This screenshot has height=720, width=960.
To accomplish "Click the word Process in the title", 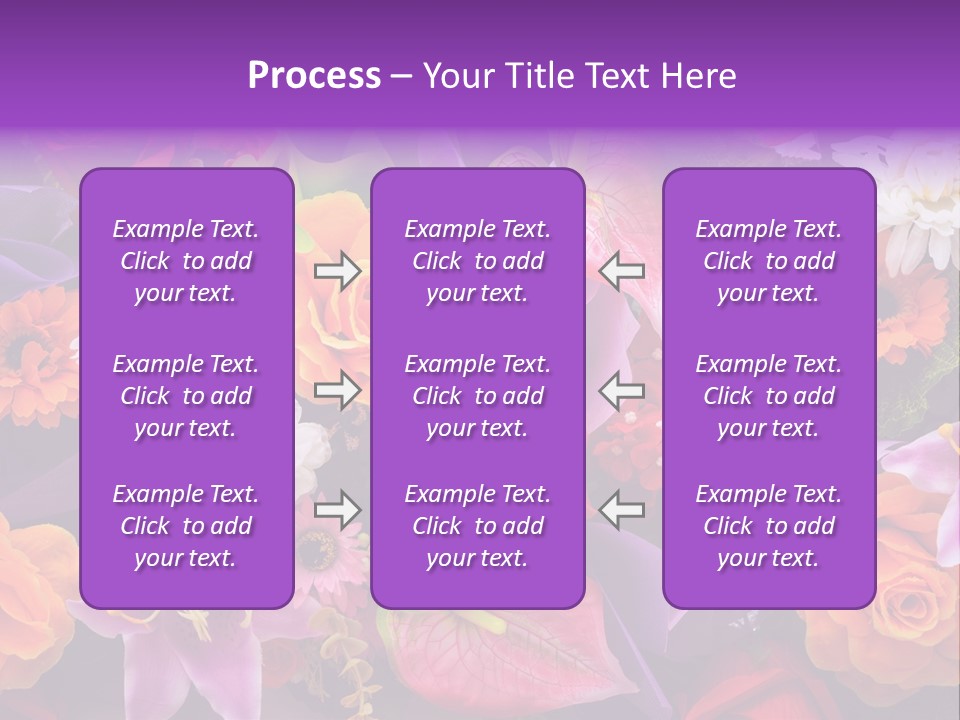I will click(x=314, y=76).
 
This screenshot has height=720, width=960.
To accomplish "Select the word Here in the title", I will click(x=699, y=76).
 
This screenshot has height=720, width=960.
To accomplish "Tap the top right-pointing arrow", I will click(x=337, y=271).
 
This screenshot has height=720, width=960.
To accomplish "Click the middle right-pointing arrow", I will click(x=337, y=389).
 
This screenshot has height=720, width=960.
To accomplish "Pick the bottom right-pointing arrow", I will click(x=337, y=510).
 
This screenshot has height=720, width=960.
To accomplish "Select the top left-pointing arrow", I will click(x=622, y=271).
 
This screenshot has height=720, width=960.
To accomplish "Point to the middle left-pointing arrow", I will click(x=622, y=389).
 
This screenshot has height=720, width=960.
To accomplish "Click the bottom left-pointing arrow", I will click(x=622, y=510).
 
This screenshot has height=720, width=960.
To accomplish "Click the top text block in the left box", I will click(x=186, y=261).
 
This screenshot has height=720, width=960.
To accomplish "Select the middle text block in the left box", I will click(x=186, y=396).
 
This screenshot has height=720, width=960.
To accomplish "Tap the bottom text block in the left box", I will click(x=186, y=526).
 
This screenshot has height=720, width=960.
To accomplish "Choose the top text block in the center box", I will click(x=477, y=261).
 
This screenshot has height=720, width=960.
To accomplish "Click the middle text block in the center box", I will click(x=477, y=396).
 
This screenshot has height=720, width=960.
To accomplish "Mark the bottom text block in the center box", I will click(x=477, y=526).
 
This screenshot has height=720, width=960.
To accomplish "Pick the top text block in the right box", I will click(x=768, y=261).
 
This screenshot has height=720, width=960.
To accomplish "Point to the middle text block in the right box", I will click(x=768, y=396).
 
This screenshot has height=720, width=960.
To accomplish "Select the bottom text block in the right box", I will click(x=768, y=526).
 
